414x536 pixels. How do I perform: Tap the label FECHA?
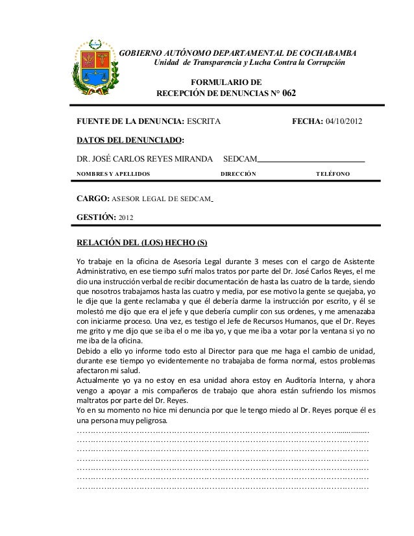click(303, 121)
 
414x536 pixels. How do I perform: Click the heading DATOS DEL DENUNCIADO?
click(130, 140)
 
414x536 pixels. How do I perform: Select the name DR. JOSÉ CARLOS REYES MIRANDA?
click(145, 159)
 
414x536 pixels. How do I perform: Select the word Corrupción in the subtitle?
click(321, 63)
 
